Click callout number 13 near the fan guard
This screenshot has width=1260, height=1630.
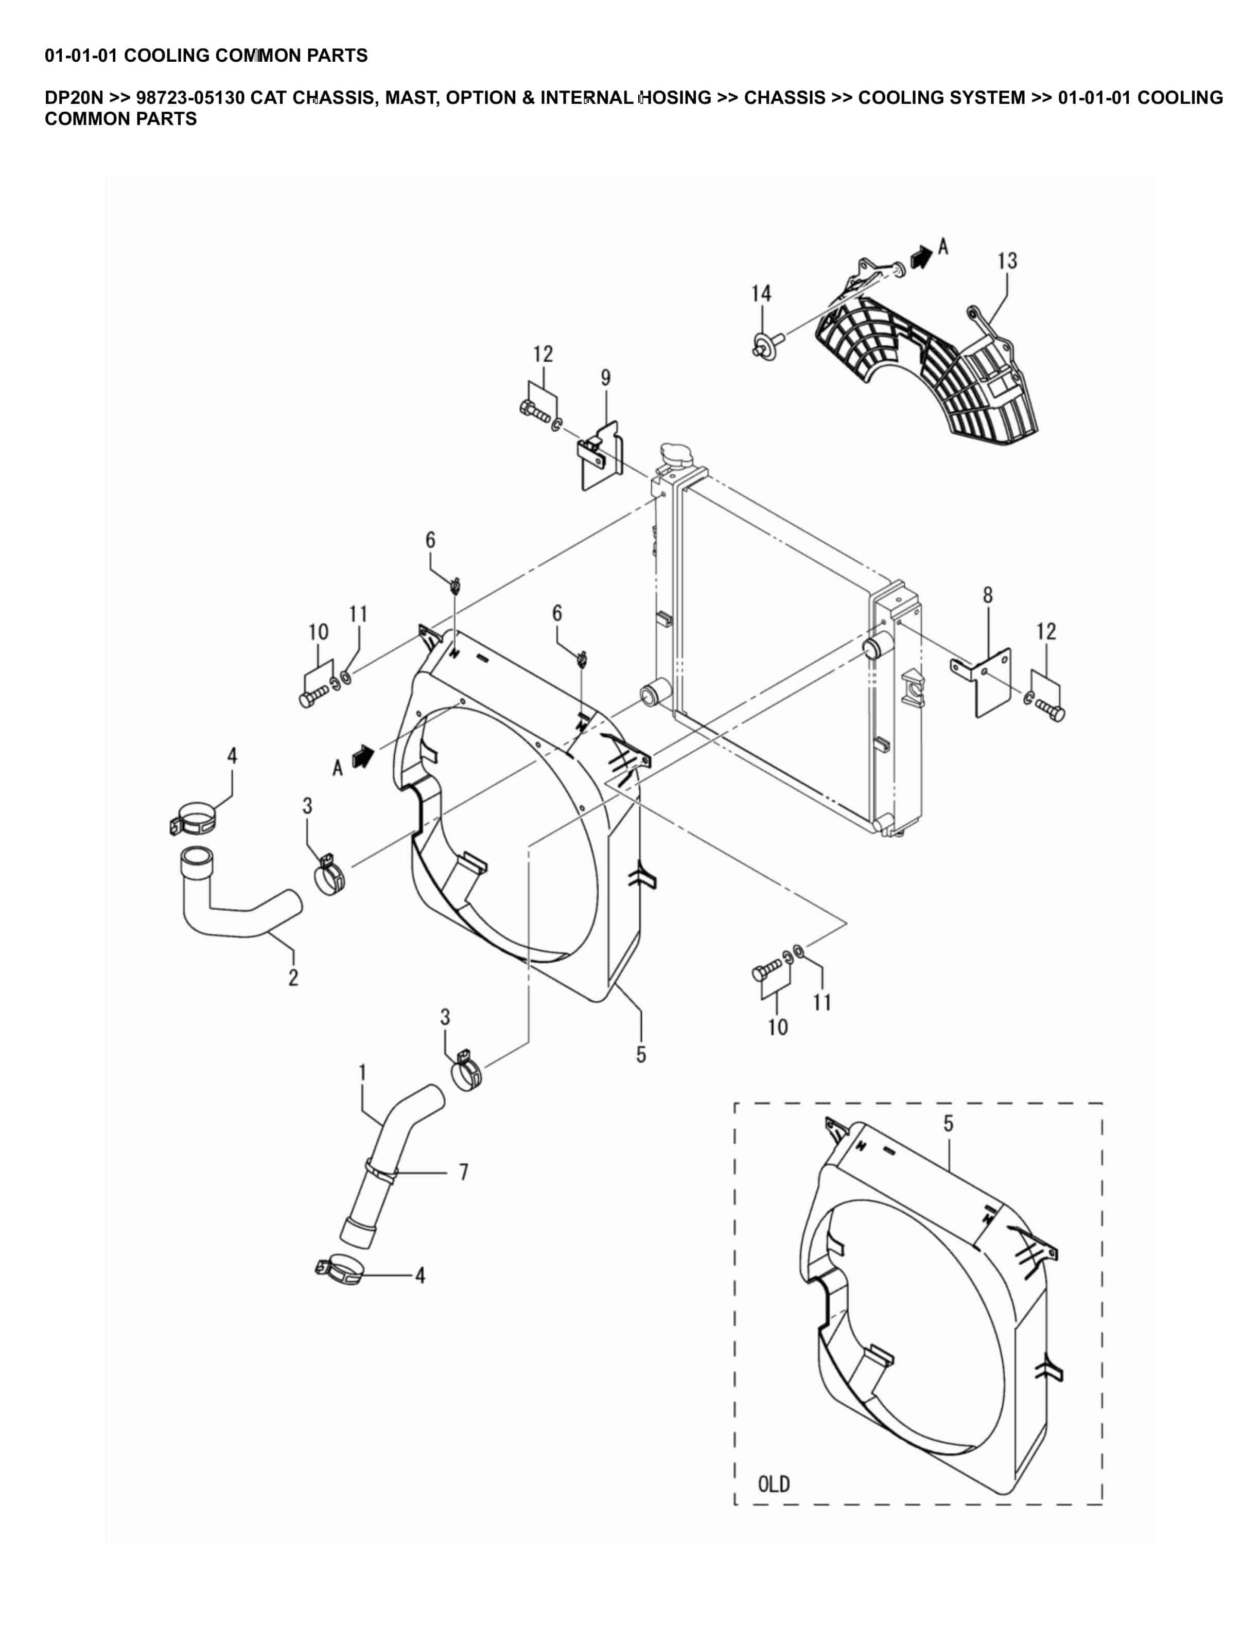1007,260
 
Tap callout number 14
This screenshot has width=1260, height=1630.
761,293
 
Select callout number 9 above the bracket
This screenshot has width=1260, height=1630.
605,378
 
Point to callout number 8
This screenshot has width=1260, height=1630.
988,595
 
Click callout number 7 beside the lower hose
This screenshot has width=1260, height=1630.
464,1172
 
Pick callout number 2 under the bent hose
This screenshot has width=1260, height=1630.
293,977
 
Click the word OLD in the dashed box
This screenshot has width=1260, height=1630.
774,1484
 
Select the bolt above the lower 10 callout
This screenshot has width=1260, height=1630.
767,972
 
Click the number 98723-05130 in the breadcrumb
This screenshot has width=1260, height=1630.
190,98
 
